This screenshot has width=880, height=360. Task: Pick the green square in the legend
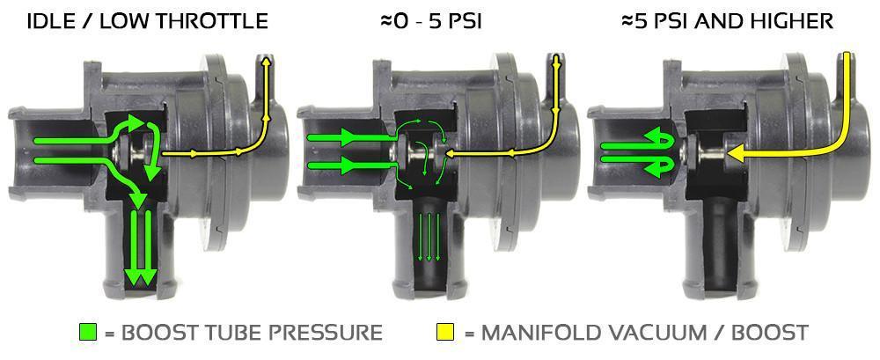click(x=88, y=332)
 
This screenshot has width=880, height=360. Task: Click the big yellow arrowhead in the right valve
click(x=736, y=152)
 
